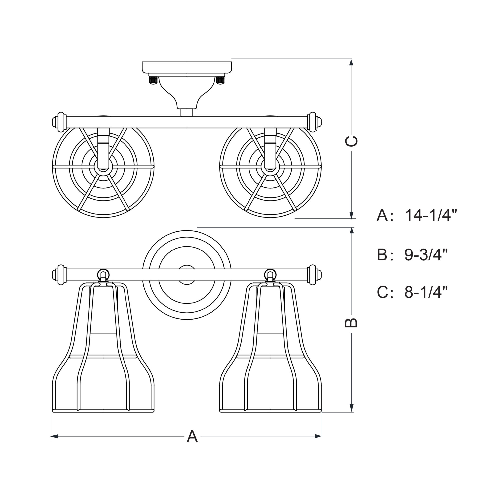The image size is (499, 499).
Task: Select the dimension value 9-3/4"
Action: tap(426, 255)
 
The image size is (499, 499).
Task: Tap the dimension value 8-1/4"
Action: tap(426, 292)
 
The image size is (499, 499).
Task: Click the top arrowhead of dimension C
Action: tap(351, 63)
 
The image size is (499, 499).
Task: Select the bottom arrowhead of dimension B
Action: tap(351, 409)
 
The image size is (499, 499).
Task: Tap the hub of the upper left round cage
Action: tap(103, 166)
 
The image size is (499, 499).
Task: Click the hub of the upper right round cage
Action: tap(270, 166)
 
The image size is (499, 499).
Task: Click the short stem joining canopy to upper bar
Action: tap(187, 112)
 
